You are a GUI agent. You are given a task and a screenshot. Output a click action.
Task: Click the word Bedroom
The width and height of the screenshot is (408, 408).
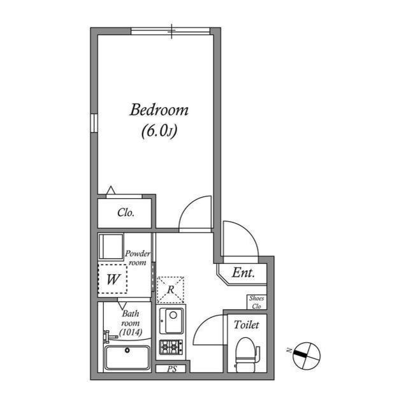tap(159, 110)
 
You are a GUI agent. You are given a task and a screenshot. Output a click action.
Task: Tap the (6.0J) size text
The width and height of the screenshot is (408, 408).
tap(159, 131)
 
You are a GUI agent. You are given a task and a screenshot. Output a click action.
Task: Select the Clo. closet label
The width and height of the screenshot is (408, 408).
tap(126, 212)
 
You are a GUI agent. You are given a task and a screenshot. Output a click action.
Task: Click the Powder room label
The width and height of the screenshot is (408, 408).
tap(138, 258)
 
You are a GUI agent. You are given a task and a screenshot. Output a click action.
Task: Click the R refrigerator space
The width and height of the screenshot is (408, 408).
tap(171, 289)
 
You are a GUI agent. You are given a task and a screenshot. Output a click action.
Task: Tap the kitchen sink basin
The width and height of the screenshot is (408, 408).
tap(171, 321)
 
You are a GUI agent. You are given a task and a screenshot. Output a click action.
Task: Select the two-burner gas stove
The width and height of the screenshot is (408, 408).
tap(171, 347)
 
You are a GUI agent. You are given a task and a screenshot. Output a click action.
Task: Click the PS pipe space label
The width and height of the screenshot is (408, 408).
tap(171, 369)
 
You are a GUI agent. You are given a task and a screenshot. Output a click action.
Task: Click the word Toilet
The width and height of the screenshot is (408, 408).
tap(247, 324)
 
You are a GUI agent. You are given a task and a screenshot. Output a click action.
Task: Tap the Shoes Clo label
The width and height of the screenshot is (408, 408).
tap(256, 302)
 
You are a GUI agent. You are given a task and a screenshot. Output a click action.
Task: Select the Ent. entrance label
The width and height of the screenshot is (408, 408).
tap(244, 273)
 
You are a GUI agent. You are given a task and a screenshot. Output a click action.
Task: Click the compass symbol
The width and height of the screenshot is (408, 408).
tap(306, 356)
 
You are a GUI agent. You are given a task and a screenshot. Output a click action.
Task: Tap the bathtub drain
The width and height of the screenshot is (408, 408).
tap(127, 350)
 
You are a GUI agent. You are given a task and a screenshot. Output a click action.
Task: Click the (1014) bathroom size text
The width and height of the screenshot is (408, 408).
tap(131, 332)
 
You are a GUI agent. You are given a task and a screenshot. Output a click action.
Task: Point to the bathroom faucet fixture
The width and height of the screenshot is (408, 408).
tap(110, 337)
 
